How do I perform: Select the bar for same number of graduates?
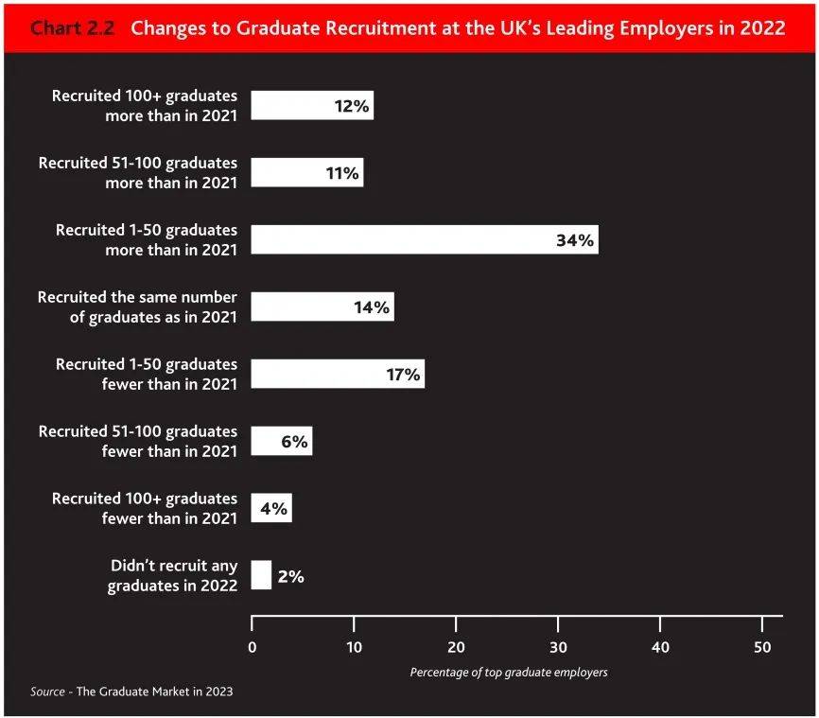point(322,307)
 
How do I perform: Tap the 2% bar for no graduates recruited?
point(261,575)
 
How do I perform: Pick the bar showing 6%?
point(281,442)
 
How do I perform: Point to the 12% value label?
point(351,107)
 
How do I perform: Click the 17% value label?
point(402,375)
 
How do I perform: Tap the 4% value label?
point(273,509)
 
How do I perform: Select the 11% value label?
point(341,174)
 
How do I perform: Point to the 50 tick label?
point(762,647)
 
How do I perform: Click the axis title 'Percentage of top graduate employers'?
point(508,673)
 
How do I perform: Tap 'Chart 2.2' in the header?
point(73,28)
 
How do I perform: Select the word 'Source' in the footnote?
point(47,692)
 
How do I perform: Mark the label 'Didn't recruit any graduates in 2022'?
point(173,576)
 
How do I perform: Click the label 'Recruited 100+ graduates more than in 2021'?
point(144,106)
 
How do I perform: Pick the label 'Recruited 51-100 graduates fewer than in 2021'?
point(138,442)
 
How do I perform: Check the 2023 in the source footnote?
point(217,692)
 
